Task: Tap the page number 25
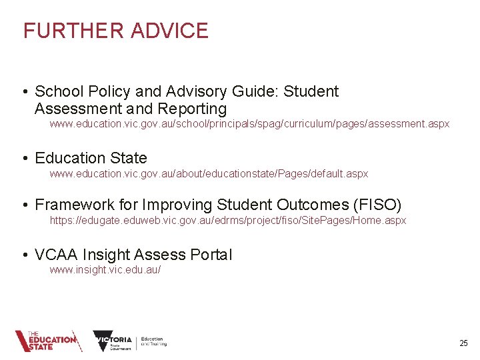pos(463,343)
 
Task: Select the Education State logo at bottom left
pos(47,341)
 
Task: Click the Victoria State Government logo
pos(113,341)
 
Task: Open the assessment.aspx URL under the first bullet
pos(249,124)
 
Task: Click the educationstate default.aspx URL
pos(209,173)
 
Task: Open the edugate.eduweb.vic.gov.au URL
pos(227,220)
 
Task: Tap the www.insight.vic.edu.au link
pos(105,269)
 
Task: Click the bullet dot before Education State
pos(25,159)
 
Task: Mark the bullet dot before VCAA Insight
pos(25,255)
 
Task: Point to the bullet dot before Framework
pos(25,205)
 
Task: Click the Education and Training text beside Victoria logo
pos(153,341)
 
